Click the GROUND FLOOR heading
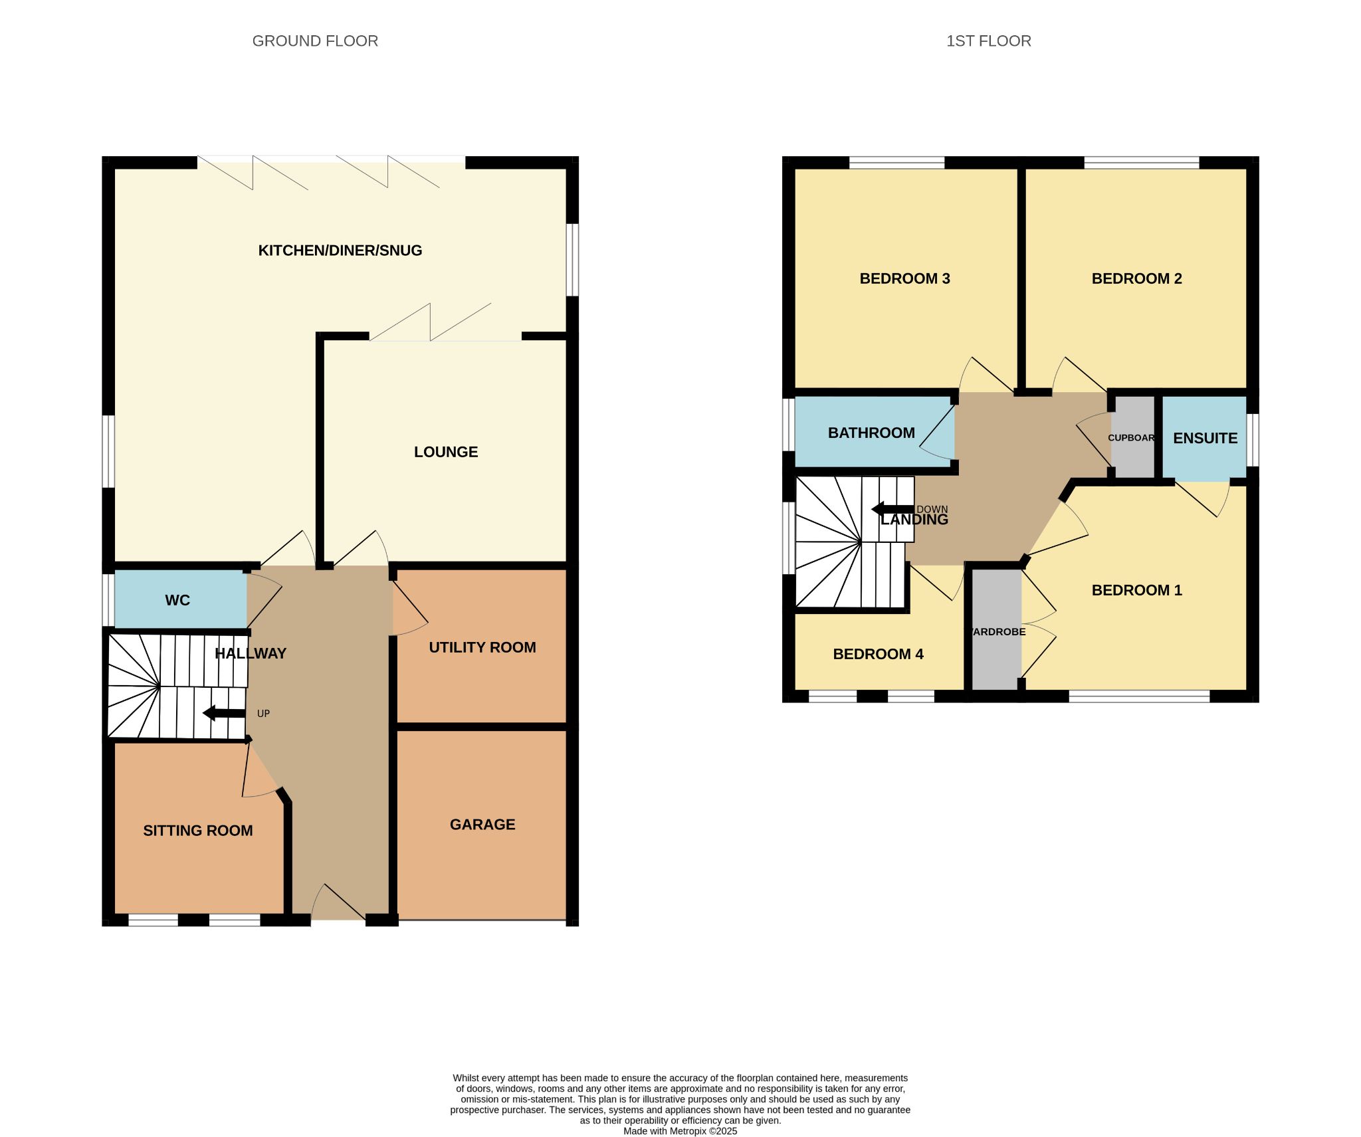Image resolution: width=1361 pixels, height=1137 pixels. point(315,41)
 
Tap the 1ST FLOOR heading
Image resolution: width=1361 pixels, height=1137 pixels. point(988,41)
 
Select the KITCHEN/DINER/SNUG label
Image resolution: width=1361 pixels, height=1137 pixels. point(340,251)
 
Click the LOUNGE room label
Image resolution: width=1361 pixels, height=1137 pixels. point(446,452)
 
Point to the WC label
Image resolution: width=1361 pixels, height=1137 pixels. point(177,600)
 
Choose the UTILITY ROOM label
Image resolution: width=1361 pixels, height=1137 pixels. point(482,647)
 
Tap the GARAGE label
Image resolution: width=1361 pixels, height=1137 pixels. point(482,825)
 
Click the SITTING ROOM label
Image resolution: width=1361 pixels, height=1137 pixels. point(198,831)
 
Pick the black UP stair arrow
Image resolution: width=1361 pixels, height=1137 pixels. point(224,714)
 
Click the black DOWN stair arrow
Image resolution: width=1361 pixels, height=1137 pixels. point(892,510)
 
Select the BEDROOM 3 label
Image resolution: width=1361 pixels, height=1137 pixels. point(905,278)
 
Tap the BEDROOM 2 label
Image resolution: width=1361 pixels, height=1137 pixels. point(1137,278)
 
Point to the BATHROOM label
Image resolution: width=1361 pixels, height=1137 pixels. point(871,433)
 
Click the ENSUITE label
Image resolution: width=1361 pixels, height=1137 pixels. point(1205,439)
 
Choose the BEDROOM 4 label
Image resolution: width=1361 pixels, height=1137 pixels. point(879,654)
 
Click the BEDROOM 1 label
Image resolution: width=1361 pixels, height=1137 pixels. point(1137,590)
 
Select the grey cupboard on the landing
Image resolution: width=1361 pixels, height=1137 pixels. point(1134,437)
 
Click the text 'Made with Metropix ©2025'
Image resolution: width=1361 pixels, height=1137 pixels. point(680,1131)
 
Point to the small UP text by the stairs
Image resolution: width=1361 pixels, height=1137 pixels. point(263,714)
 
